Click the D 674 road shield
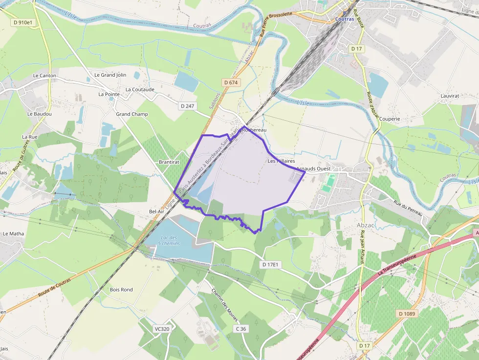(x=231, y=83)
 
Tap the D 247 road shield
(x=187, y=106)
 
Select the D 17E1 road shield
(x=270, y=265)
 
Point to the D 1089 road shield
(x=406, y=313)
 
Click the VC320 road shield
(x=161, y=329)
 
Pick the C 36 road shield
(x=240, y=329)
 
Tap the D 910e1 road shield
(x=23, y=22)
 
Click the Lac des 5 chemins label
(x=169, y=240)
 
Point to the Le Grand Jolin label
(x=110, y=75)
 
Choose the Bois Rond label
(x=121, y=290)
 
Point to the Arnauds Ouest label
(x=313, y=169)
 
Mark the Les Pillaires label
(x=281, y=161)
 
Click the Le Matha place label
(x=13, y=233)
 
